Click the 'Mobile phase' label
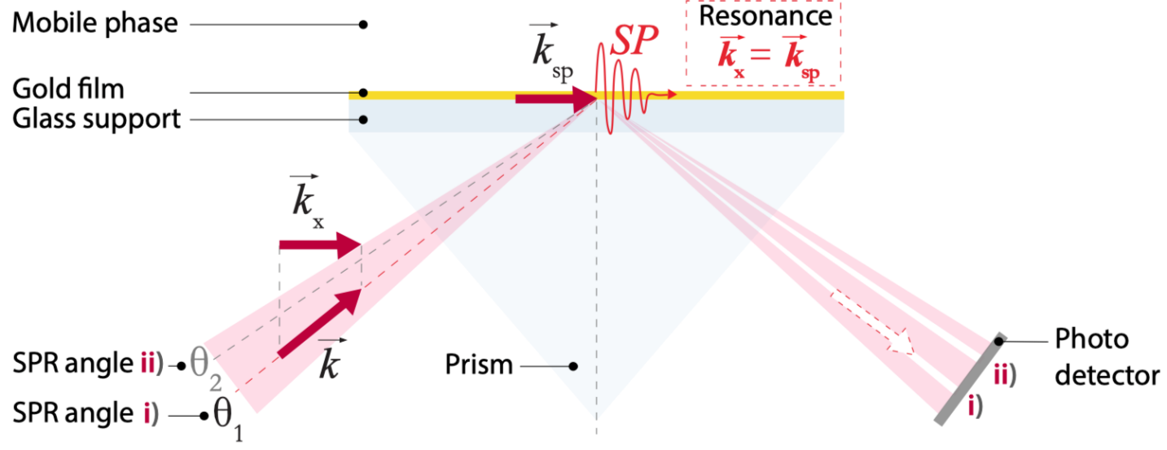point(94,23)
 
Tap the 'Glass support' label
point(96,119)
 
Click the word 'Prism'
point(479,365)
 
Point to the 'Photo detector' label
point(1106,356)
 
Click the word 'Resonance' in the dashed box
point(766,16)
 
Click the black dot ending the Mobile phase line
point(363,24)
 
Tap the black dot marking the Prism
point(573,366)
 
